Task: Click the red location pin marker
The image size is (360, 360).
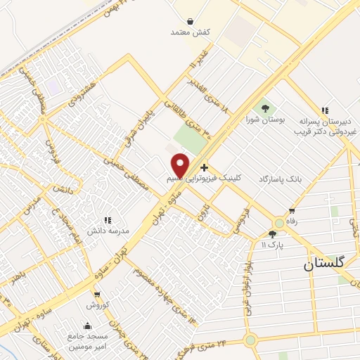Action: (180, 165)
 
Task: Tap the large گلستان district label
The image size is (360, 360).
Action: (326, 264)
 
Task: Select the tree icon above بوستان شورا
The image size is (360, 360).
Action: (266, 108)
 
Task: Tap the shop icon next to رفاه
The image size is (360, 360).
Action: (292, 211)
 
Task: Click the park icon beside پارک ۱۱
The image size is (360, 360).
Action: (273, 234)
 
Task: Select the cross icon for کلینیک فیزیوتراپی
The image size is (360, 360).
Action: (204, 167)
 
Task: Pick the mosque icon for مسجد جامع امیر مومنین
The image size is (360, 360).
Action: (87, 326)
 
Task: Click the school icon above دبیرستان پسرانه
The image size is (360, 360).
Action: (324, 110)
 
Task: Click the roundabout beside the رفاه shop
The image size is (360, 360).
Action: (280, 223)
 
